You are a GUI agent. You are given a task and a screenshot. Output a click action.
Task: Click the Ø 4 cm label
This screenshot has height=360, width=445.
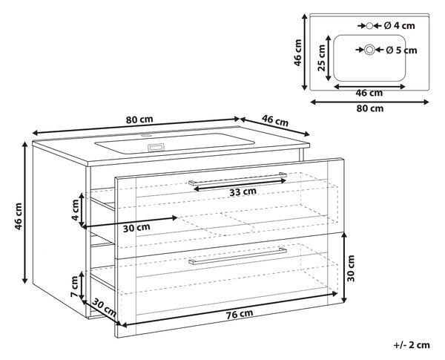pos(399,26)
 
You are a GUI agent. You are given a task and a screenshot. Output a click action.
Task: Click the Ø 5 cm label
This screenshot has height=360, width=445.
pos(401,50)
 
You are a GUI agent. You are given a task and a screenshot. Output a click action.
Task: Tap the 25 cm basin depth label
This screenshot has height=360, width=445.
pos(322,58)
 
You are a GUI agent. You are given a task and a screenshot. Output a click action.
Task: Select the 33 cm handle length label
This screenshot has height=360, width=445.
pos(243,192)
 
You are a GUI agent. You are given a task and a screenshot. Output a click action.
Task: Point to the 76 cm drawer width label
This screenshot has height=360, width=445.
pos(240,314)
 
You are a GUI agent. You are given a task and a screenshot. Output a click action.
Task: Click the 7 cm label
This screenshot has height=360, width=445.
pos(75,287)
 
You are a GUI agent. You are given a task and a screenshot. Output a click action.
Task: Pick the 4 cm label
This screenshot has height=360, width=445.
pos(75,210)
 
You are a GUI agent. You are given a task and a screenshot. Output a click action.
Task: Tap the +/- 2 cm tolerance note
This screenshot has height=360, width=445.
pos(412,345)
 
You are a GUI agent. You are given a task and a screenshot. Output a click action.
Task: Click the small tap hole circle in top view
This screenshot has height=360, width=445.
pos(369,26)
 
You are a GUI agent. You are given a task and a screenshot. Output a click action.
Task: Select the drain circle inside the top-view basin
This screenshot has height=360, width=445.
pos(369,50)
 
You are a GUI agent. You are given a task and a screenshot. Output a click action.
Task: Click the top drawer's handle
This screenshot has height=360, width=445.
pos(237,179)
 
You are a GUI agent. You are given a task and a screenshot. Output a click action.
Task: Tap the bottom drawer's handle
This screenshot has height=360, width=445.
pos(237,256)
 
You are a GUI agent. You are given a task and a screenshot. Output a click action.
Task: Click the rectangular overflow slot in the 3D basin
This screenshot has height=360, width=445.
pos(156,147)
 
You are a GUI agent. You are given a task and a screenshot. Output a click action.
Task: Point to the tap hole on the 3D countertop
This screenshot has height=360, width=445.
pos(146,136)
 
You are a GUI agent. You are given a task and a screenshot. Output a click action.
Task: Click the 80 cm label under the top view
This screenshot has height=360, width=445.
pos(370,108)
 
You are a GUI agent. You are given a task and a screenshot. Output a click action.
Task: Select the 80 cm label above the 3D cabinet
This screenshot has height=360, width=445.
pos(139,120)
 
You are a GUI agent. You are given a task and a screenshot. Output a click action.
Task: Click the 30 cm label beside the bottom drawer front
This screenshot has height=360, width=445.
pos(351,268)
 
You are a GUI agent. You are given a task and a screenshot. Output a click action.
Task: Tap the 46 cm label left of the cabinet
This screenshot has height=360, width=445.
pos(18,216)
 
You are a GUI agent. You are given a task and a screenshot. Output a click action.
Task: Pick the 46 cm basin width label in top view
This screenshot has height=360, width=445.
pos(369,93)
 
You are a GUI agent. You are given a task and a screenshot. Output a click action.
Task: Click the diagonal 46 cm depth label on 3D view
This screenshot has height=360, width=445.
pos(275,120)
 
